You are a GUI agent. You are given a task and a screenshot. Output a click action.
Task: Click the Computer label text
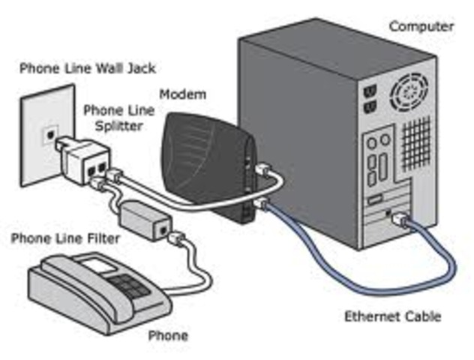tap(421, 26)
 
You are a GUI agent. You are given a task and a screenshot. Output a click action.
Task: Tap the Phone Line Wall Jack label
tap(87, 69)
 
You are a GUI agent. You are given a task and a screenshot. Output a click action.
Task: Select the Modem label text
tap(182, 95)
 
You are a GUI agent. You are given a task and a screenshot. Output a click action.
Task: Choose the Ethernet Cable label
tap(392, 316)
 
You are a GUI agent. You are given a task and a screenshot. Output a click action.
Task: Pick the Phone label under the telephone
tap(168, 335)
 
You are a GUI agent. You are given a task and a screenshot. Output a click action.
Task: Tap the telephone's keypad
tap(124, 285)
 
